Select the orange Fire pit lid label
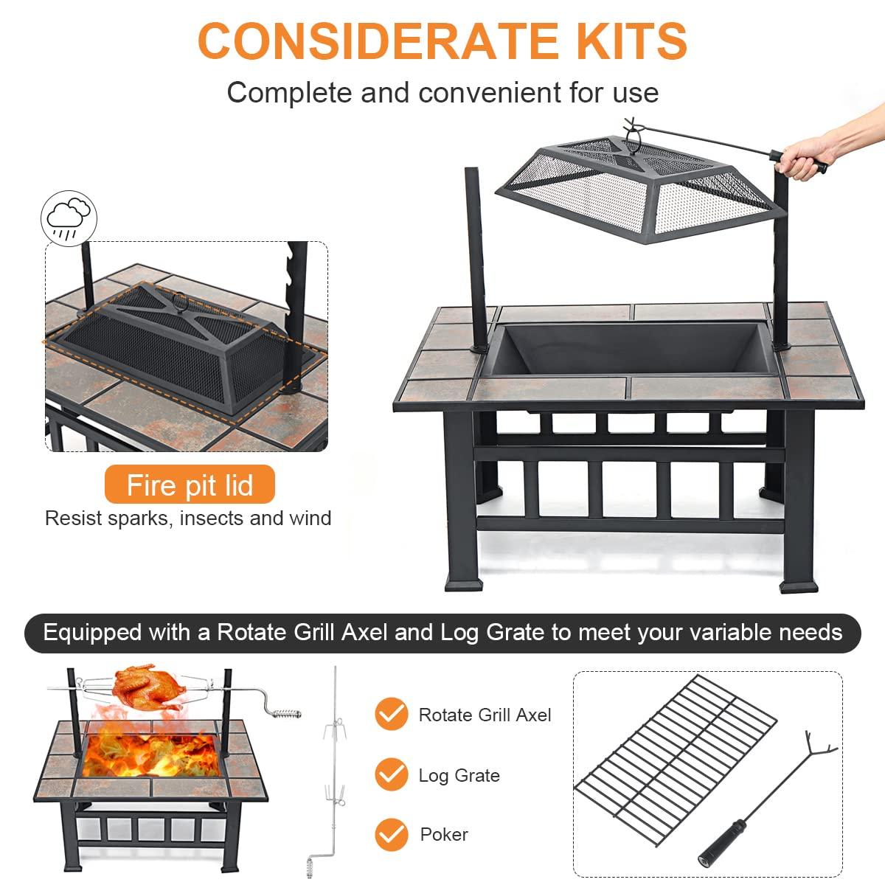[190, 485]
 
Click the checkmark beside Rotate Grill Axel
[391, 715]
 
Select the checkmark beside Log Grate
[391, 775]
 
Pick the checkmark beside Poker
[391, 834]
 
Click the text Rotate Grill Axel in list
[485, 715]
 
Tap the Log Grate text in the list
[459, 775]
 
